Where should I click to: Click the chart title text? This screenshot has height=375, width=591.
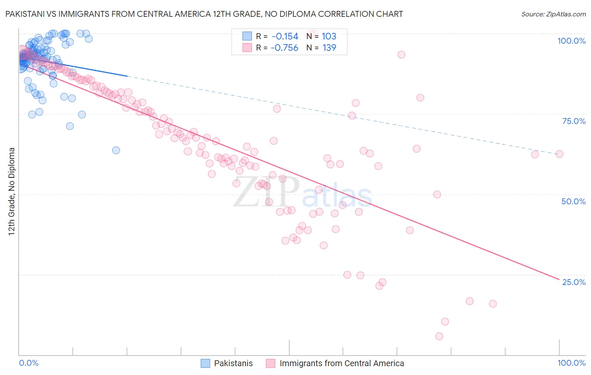point(204,14)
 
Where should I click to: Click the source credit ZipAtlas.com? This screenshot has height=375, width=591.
point(553,14)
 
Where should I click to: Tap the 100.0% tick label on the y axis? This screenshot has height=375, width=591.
point(571,41)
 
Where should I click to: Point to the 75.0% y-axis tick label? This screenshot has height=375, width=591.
point(574,121)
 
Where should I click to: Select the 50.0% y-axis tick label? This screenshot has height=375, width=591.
point(573,201)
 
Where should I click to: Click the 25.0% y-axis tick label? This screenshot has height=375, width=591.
point(574,282)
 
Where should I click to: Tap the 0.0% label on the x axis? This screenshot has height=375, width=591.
point(29,363)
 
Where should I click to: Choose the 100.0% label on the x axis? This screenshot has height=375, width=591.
point(571,363)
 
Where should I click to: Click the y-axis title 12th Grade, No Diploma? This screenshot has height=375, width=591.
point(12,191)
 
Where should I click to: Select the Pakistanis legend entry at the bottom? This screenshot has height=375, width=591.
point(233,363)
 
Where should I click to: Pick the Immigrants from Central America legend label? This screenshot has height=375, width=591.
point(341,363)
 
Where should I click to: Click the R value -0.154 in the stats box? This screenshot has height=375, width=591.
point(285,37)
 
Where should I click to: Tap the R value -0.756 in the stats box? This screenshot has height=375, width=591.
point(285,48)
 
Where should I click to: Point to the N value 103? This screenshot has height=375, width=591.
point(329,37)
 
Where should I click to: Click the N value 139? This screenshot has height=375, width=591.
point(329,48)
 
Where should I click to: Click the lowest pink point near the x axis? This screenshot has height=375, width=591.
point(439,336)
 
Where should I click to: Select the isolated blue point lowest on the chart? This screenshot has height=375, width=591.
point(116,150)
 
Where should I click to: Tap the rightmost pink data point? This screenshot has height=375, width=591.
point(559,154)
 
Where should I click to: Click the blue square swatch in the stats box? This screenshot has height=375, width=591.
point(247,37)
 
